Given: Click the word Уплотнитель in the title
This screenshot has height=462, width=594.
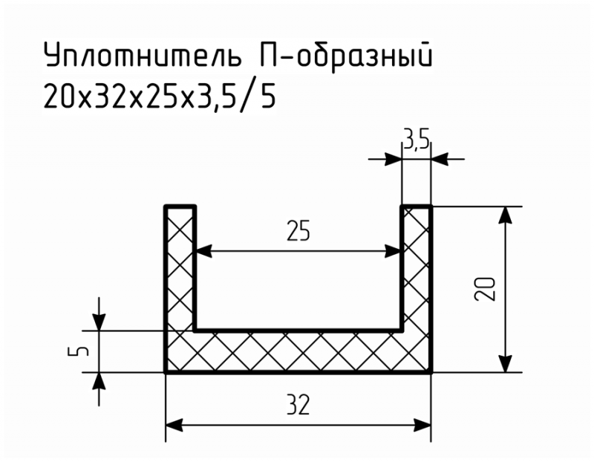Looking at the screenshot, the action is pyautogui.click(x=143, y=55).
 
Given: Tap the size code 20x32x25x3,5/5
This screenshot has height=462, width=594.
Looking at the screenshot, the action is pyautogui.click(x=160, y=96).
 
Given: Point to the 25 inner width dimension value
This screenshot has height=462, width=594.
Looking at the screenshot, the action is pyautogui.click(x=298, y=230).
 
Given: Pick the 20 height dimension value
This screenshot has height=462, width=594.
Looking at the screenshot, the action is pyautogui.click(x=485, y=289).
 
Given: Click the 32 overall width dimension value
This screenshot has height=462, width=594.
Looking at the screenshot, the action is pyautogui.click(x=298, y=404).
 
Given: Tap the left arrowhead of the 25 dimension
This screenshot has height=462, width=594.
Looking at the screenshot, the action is pyautogui.click(x=203, y=251).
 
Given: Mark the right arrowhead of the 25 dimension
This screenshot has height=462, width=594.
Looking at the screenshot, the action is pyautogui.click(x=393, y=251).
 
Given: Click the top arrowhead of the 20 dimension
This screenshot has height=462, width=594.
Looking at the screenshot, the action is pyautogui.click(x=505, y=215).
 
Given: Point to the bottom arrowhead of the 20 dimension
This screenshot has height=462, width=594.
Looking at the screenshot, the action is pyautogui.click(x=505, y=364).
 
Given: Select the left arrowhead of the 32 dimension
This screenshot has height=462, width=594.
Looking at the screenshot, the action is pyautogui.click(x=174, y=426).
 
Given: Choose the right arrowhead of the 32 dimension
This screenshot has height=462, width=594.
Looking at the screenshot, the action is pyautogui.click(x=422, y=426).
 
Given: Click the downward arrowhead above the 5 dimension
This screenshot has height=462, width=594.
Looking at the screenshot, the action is pyautogui.click(x=99, y=322).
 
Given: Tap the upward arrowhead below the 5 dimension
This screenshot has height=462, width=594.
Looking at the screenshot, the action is pyautogui.click(x=99, y=381).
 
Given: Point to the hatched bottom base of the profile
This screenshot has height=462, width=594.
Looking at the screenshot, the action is pyautogui.click(x=298, y=352).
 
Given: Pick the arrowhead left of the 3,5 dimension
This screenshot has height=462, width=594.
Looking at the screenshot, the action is pyautogui.click(x=393, y=159).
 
